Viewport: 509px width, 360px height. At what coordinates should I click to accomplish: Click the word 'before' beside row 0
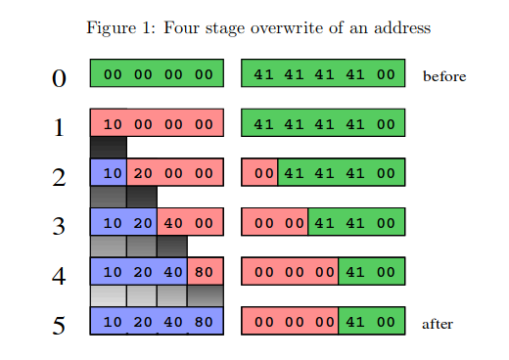click(444, 76)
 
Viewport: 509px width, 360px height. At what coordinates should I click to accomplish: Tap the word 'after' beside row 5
click(438, 324)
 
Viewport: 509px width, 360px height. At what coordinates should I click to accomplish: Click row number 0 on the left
click(59, 78)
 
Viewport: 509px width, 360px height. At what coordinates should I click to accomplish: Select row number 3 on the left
click(59, 226)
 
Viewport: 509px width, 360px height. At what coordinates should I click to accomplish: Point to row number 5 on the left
click(59, 326)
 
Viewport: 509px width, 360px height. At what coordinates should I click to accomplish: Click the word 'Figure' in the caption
click(111, 28)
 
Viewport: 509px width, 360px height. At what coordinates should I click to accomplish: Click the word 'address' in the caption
click(402, 27)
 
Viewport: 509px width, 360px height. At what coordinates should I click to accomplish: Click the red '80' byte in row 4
click(204, 272)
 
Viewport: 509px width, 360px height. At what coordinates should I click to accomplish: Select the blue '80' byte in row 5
click(204, 322)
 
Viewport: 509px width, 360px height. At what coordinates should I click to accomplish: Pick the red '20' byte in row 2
click(143, 173)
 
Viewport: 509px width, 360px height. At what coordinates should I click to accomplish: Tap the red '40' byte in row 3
click(173, 223)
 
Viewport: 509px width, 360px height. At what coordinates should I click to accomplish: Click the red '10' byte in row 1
click(113, 124)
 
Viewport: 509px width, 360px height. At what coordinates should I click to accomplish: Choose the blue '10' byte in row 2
click(113, 173)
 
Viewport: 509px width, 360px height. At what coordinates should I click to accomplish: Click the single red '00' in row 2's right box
click(263, 173)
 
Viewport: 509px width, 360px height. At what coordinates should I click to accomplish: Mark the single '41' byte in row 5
click(355, 322)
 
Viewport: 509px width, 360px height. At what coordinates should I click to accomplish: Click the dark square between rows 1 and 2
click(109, 148)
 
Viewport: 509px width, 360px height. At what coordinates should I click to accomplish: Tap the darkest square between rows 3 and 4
click(172, 247)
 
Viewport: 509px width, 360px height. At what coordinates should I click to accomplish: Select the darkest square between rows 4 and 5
click(206, 296)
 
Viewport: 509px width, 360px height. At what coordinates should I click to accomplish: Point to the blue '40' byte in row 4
click(173, 272)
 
